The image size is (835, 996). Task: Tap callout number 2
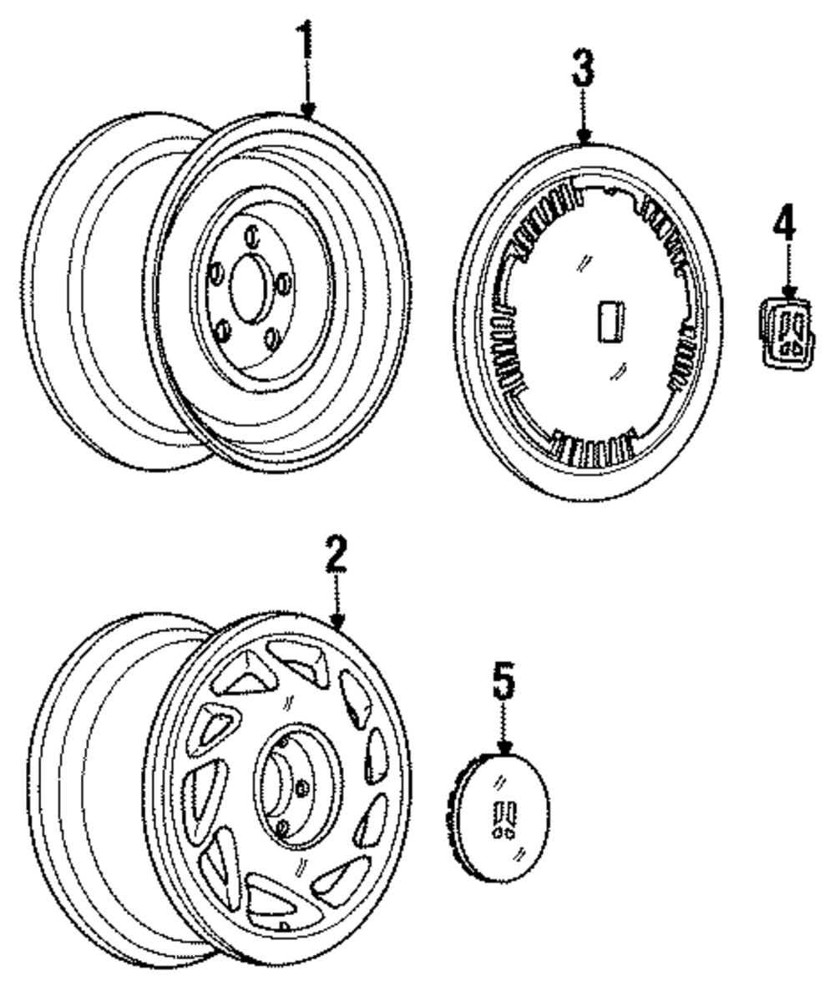point(336,554)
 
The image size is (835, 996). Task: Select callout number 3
point(583,68)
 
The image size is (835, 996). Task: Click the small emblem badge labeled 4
point(786,333)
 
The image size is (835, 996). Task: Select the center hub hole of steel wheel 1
point(247,289)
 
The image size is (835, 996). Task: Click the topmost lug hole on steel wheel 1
point(252,236)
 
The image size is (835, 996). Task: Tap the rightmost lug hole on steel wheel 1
point(284,284)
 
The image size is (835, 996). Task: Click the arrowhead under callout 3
point(584,136)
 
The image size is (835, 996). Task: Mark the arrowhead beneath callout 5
point(504,747)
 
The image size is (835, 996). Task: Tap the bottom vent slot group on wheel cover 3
point(594,445)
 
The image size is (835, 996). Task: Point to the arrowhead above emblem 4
point(788,294)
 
